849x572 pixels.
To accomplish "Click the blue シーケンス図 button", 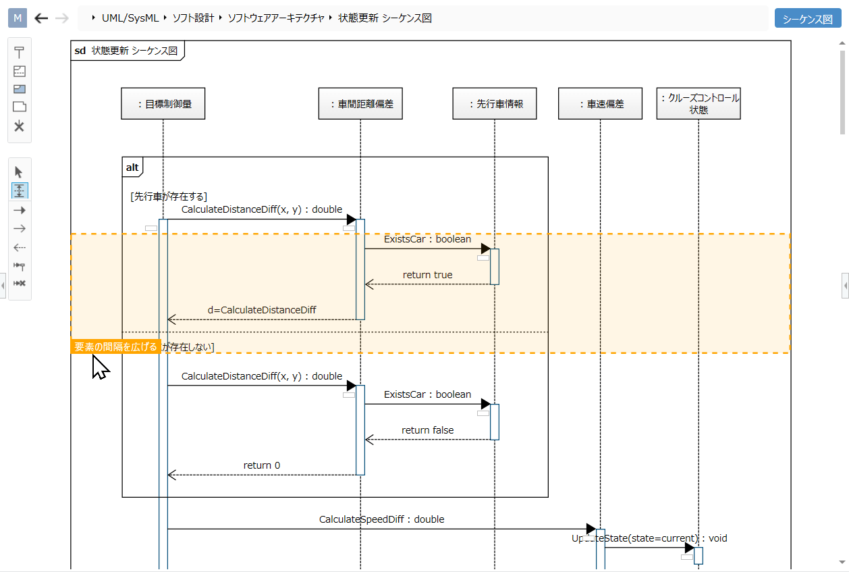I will click(808, 19).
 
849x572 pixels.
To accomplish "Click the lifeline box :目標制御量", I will click(163, 104).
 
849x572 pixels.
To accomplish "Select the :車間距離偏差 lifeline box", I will click(360, 104).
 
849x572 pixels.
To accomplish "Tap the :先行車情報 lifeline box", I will click(495, 104).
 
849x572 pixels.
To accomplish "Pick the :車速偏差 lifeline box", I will click(600, 104).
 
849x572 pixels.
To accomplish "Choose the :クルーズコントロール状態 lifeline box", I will click(699, 104).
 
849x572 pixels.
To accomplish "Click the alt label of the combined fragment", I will click(132, 167).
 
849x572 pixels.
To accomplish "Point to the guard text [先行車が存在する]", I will click(168, 197).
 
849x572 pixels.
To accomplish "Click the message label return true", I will click(427, 275).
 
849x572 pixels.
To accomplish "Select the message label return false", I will click(427, 430).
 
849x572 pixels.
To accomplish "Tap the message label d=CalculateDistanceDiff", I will click(262, 310).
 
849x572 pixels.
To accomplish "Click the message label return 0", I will click(262, 465).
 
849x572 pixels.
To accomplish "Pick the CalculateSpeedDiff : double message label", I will click(381, 519).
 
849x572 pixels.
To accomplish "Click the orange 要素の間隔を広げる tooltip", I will click(115, 346).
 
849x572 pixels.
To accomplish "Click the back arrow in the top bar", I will click(42, 18).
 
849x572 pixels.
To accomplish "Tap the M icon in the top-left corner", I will click(18, 18).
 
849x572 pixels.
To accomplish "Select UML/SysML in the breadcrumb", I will click(130, 18).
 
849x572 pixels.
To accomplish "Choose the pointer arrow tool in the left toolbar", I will click(19, 172).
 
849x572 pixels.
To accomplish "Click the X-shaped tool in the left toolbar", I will click(19, 126).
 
